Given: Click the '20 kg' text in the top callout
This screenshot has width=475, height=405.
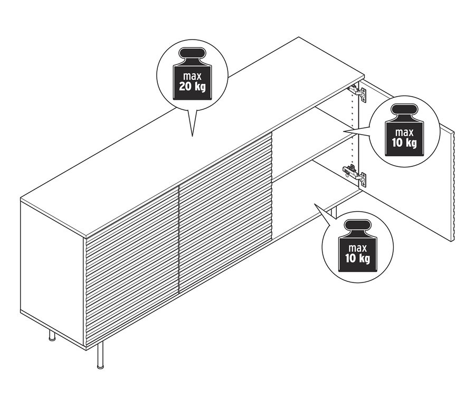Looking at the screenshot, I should coord(192,86).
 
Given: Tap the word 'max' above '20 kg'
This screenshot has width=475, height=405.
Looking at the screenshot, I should coord(192,76).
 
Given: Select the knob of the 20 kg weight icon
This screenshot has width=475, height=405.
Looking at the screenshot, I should coord(192,54).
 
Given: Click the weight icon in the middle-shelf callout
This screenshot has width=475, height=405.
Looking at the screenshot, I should coord(404,130).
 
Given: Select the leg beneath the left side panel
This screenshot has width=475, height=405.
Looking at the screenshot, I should coord(52,334).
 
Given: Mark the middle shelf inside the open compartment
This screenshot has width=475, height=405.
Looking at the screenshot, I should coord(317,153).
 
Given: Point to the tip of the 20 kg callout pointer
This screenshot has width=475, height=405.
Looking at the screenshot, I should coord(193,136).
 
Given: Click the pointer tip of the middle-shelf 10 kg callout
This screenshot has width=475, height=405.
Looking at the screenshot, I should coord(344,130).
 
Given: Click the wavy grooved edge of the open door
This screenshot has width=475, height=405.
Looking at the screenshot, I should coord(452,185).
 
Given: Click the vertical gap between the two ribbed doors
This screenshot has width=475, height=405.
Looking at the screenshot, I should coord(179,238).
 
